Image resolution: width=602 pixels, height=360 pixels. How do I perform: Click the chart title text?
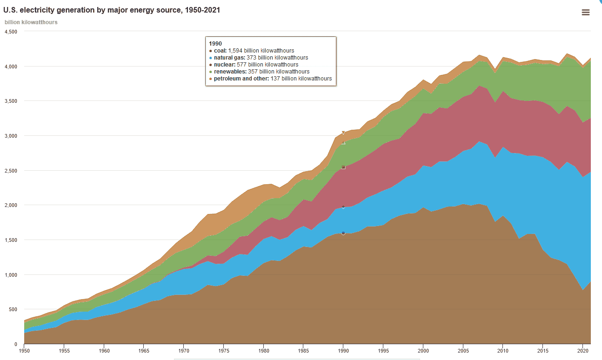click(112, 10)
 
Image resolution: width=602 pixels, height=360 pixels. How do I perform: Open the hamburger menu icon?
click(586, 13)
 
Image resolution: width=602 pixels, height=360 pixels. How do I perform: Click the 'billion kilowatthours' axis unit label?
click(31, 22)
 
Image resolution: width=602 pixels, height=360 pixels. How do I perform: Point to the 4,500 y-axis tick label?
click(11, 32)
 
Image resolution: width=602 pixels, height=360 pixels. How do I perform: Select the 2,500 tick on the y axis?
click(11, 171)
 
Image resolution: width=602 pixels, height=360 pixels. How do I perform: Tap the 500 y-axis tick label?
click(13, 309)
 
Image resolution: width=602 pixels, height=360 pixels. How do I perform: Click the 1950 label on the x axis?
click(24, 350)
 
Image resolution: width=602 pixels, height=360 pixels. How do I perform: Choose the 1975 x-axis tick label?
click(224, 350)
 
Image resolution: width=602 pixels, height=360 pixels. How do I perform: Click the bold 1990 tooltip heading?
click(215, 43)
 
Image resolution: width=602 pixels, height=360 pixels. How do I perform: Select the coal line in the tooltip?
click(252, 51)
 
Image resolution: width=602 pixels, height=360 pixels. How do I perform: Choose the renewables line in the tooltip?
click(259, 72)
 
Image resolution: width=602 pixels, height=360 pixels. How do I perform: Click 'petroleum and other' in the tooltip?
click(270, 79)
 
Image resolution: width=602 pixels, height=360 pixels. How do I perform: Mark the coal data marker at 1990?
click(343, 233)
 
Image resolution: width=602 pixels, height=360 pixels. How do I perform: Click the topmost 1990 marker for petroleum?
click(343, 133)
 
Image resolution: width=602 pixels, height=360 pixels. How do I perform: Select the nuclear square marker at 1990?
click(343, 167)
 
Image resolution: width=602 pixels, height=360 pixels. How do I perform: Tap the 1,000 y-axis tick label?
click(11, 275)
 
